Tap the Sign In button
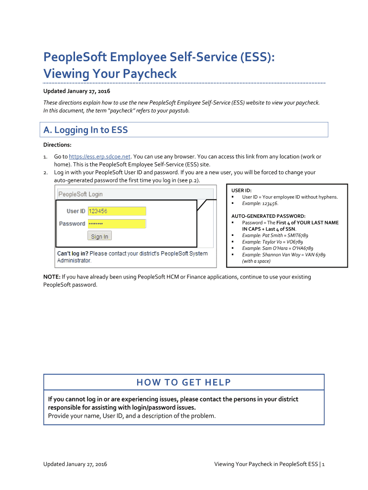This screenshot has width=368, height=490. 99,236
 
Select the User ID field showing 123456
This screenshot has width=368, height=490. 117,211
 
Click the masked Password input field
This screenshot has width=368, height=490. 117,224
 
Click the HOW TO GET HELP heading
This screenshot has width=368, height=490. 184,382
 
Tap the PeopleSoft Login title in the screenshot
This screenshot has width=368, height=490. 80,194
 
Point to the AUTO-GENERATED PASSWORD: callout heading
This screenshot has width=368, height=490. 268,216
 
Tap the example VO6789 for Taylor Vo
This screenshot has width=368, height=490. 293,242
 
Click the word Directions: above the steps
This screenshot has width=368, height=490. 57,145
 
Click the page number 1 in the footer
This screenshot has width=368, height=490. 324,464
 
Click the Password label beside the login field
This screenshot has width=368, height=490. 72,224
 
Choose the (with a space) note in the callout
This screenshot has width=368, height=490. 256,261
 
